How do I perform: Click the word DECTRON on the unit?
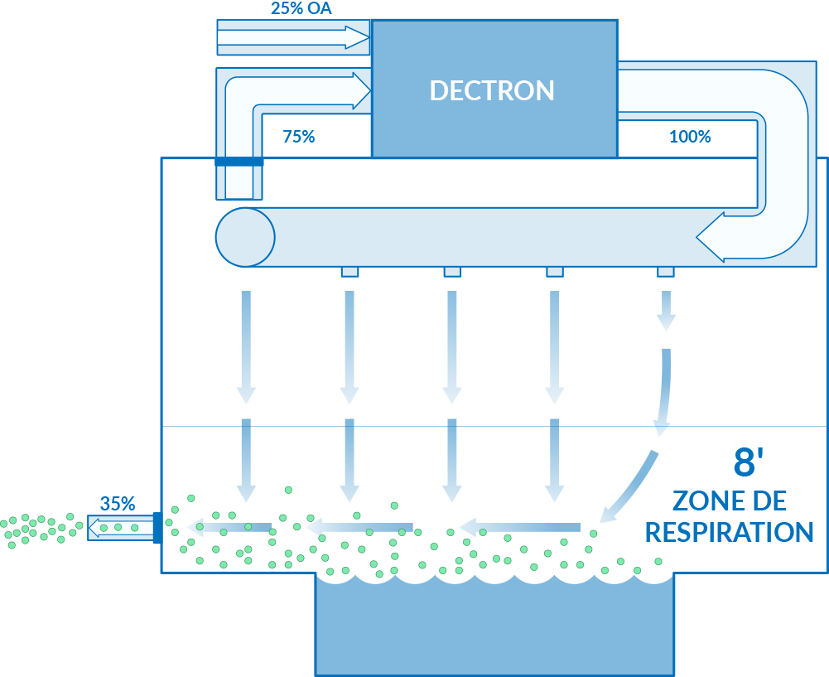click(x=492, y=90)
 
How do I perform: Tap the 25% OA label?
click(x=301, y=8)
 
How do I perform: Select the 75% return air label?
click(x=299, y=137)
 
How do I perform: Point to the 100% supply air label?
click(x=690, y=137)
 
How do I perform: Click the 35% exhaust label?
click(x=118, y=504)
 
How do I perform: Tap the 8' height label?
click(x=749, y=462)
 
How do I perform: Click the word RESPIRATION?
click(x=729, y=532)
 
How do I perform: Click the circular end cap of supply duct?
click(x=245, y=237)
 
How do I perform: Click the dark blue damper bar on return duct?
click(x=239, y=162)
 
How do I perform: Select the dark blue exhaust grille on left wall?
click(x=157, y=528)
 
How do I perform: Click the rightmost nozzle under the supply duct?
click(x=666, y=271)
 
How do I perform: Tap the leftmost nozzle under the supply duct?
click(x=350, y=271)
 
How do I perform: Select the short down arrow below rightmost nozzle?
click(x=666, y=311)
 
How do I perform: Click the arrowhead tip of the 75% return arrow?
click(x=371, y=91)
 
